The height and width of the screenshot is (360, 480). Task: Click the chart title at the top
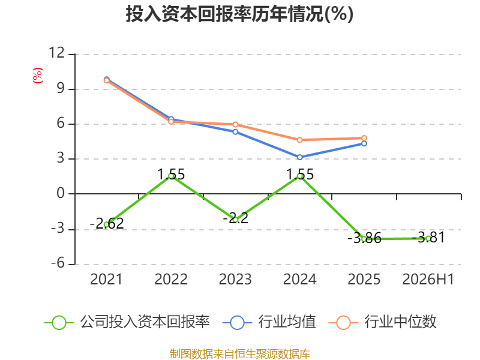tap(239, 14)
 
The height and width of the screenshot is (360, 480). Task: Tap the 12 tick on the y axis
tap(56, 53)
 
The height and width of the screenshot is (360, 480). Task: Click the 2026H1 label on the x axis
tap(428, 279)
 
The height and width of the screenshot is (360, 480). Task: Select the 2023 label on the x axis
tap(235, 279)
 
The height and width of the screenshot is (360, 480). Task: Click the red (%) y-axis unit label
tap(38, 76)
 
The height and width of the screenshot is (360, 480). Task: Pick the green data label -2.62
tap(107, 223)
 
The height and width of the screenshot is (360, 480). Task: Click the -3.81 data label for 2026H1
tap(428, 237)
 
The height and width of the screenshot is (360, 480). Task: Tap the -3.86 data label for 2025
tap(364, 238)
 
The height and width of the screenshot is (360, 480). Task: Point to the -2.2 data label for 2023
tap(235, 218)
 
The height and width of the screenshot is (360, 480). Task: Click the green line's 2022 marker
tap(171, 176)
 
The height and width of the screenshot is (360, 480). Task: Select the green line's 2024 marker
tap(300, 176)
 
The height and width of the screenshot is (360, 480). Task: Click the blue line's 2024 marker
tap(299, 157)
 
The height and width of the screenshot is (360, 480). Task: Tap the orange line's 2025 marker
tap(364, 138)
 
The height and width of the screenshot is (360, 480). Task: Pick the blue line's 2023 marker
tap(235, 132)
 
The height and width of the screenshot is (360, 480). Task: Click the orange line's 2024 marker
tap(299, 140)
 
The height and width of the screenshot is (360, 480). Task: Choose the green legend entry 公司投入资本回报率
tap(127, 322)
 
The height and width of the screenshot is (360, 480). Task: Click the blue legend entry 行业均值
tap(269, 322)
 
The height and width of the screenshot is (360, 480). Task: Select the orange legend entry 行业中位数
tap(382, 322)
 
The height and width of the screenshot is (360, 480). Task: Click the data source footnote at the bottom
tap(240, 354)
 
